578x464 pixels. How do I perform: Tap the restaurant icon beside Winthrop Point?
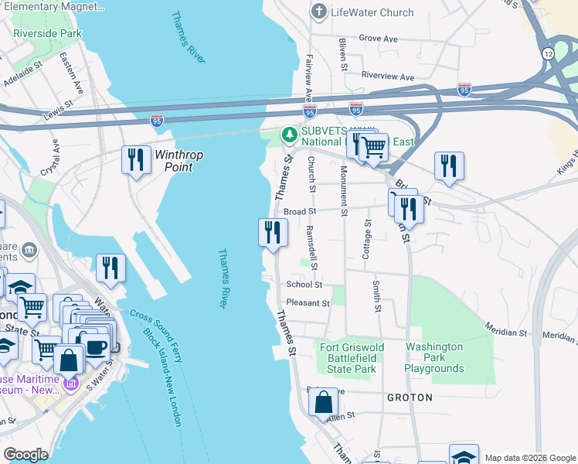coord(136,160)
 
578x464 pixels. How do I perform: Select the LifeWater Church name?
coord(372,12)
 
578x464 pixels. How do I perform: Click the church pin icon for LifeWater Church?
coord(318,12)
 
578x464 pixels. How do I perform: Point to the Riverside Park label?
coord(47,34)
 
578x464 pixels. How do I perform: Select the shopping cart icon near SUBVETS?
coord(373,146)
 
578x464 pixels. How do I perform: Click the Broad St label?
coord(300,211)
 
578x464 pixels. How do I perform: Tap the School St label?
coord(304,285)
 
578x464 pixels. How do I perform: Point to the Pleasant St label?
coord(308,303)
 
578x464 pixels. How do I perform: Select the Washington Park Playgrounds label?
coord(435,357)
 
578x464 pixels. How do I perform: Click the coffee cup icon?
coord(97,346)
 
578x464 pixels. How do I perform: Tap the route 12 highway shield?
coord(548,53)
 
